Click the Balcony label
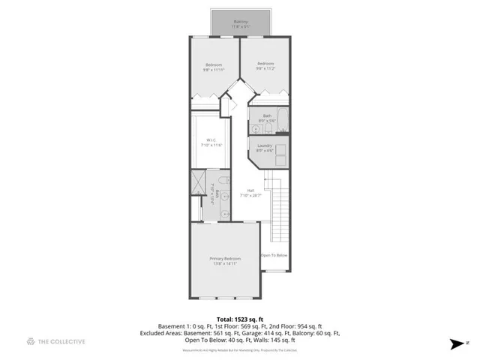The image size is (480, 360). click(x=241, y=22)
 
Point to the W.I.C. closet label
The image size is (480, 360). click(x=212, y=139)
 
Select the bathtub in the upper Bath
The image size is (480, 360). click(x=280, y=121)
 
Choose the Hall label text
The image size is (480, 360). click(x=249, y=190)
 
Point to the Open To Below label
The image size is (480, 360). click(x=274, y=256)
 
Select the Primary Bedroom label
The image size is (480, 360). click(x=224, y=259)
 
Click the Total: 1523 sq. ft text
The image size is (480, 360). click(x=239, y=319)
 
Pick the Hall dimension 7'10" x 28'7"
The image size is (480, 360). click(x=249, y=196)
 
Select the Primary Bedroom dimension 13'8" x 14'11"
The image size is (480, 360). click(x=224, y=264)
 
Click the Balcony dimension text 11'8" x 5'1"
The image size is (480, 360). click(x=241, y=27)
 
